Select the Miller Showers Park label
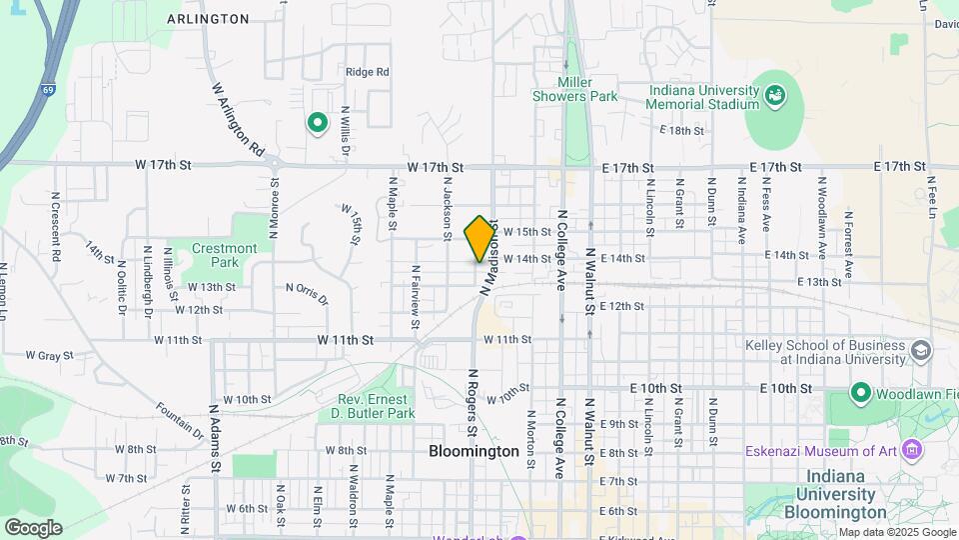tap(588, 90)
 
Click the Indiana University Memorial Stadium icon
tap(775, 96)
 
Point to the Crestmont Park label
tap(224, 255)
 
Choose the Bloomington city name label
tap(474, 451)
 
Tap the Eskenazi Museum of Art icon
tap(910, 450)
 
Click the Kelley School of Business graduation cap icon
tap(920, 351)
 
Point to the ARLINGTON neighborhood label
tap(208, 19)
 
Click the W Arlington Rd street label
tap(238, 118)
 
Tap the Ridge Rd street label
tap(367, 72)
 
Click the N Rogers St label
tap(472, 402)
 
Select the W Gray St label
tap(50, 355)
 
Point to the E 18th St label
tap(682, 131)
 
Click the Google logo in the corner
tap(33, 528)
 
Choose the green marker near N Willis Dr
tap(318, 123)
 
